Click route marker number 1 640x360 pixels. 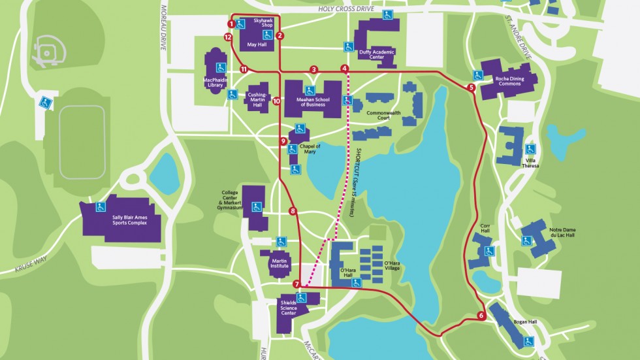point(231,24)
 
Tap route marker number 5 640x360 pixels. point(471,87)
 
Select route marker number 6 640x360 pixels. point(481,316)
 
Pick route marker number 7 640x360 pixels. point(296,284)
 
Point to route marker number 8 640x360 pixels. point(293,211)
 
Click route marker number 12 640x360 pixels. point(228,37)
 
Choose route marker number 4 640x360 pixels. point(344,68)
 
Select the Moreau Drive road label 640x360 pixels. point(163,36)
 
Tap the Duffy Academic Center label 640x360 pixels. point(377,54)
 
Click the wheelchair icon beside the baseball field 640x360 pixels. point(45,101)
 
